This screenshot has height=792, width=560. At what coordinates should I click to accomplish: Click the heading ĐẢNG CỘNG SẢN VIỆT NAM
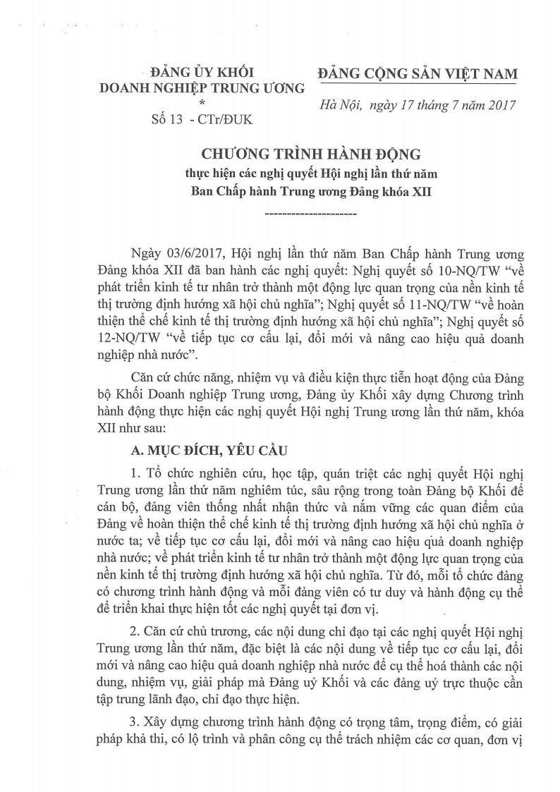click(x=417, y=73)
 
